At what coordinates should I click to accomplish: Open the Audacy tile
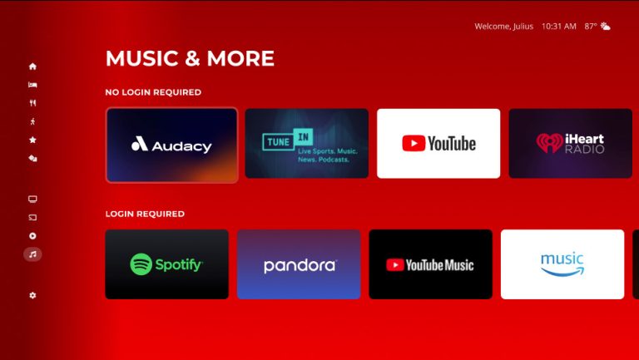[x=171, y=145]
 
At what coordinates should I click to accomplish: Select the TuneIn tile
[x=306, y=143]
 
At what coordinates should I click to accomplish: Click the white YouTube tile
[x=438, y=143]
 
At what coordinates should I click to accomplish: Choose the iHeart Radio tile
[x=570, y=143]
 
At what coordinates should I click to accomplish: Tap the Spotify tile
[x=166, y=264]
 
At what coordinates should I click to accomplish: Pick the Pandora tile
[x=299, y=264]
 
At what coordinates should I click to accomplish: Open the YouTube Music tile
[x=430, y=264]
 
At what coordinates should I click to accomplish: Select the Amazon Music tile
[x=562, y=264]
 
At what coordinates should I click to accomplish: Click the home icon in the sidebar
[x=32, y=67]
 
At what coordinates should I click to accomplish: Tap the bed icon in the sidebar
[x=32, y=85]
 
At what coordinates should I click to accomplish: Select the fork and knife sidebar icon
[x=32, y=103]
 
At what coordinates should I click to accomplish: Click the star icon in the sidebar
[x=32, y=140]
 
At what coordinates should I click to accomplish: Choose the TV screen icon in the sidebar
[x=32, y=200]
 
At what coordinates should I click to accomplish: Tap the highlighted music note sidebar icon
[x=32, y=254]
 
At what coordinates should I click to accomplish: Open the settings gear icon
[x=32, y=295]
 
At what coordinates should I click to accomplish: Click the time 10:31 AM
[x=559, y=27]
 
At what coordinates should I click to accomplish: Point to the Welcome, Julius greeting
[x=503, y=27]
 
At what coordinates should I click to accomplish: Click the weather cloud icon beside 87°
[x=606, y=27]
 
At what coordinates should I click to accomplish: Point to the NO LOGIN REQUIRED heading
[x=153, y=92]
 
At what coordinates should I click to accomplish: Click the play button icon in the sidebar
[x=32, y=236]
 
